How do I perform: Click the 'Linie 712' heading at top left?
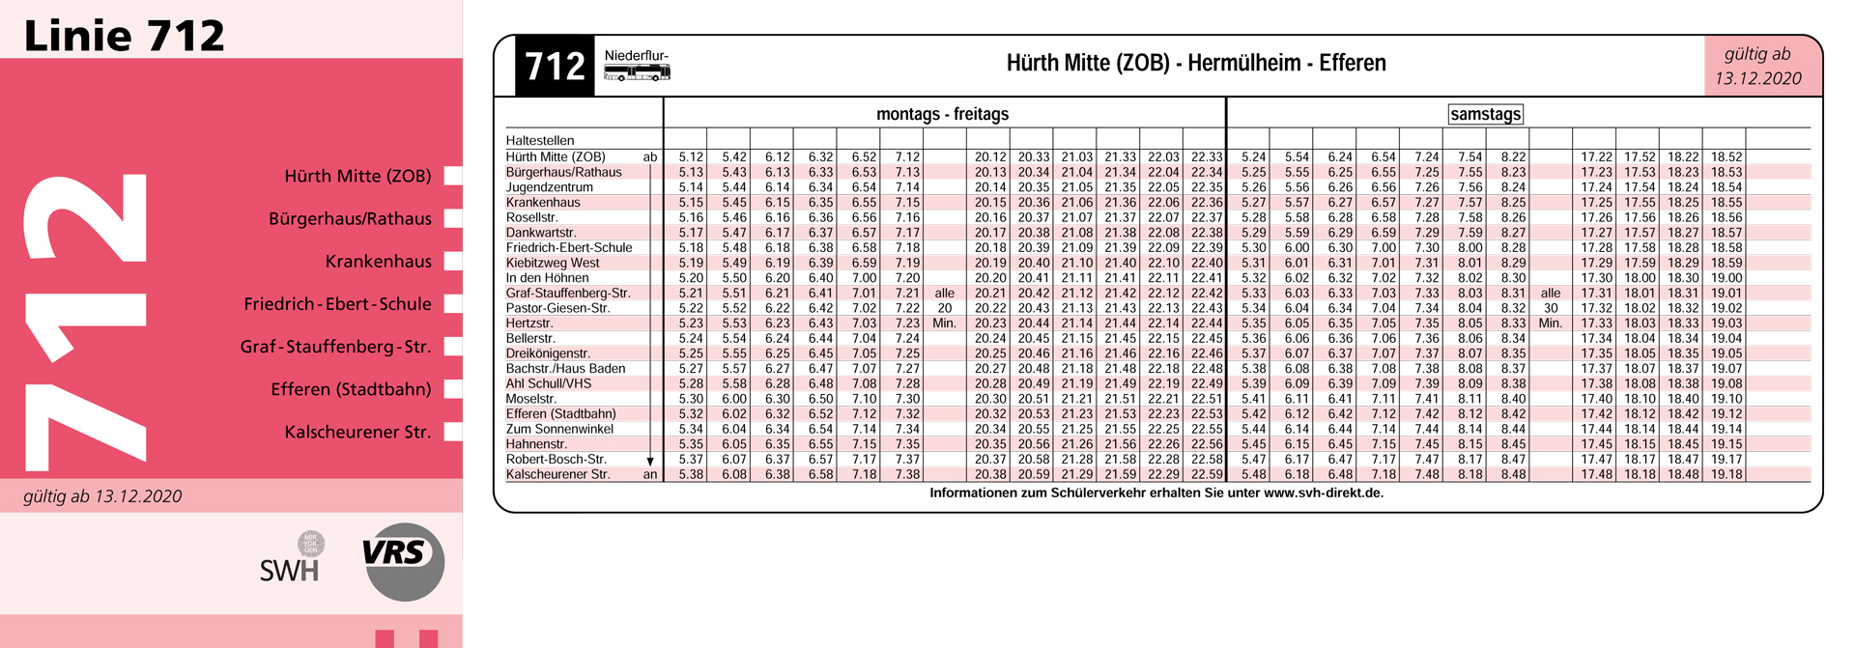pyautogui.click(x=124, y=36)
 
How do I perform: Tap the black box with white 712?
pyautogui.click(x=555, y=66)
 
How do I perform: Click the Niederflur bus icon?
pyautogui.click(x=637, y=71)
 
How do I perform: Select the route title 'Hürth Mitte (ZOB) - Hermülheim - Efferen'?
pyautogui.click(x=1195, y=64)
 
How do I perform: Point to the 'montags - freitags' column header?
pyautogui.click(x=942, y=114)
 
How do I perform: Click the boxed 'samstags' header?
pyautogui.click(x=1485, y=114)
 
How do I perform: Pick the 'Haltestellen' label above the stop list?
pyautogui.click(x=540, y=140)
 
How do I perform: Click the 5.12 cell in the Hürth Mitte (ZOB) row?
pyautogui.click(x=691, y=156)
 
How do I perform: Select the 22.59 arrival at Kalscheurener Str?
pyautogui.click(x=1207, y=474)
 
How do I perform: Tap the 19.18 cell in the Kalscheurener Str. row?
pyautogui.click(x=1727, y=474)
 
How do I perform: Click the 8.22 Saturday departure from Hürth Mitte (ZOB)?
pyautogui.click(x=1513, y=156)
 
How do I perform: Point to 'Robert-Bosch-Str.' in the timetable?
pyautogui.click(x=556, y=459)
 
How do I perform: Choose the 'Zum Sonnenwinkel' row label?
pyautogui.click(x=559, y=429)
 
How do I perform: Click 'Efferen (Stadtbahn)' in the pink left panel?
pyautogui.click(x=351, y=389)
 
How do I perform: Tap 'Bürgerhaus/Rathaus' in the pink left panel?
pyautogui.click(x=350, y=219)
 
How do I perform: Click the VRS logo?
pyautogui.click(x=403, y=561)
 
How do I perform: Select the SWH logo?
pyautogui.click(x=290, y=568)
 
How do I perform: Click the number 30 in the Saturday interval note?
pyautogui.click(x=1551, y=308)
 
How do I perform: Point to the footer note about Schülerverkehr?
pyautogui.click(x=1156, y=493)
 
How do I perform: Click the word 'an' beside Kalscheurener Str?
pyautogui.click(x=650, y=474)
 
